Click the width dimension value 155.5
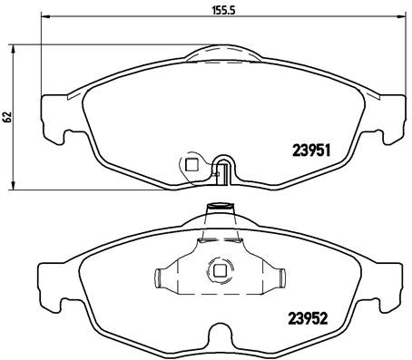pos(216,13)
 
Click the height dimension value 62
pos(6,117)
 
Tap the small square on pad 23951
pos(191,164)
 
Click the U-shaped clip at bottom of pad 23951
pos(224,169)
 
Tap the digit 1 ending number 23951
pos(335,152)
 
